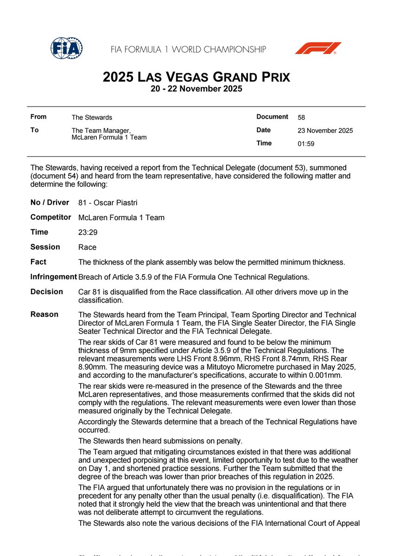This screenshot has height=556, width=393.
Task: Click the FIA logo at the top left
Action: click(67, 48)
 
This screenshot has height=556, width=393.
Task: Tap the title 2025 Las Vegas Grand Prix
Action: click(196, 77)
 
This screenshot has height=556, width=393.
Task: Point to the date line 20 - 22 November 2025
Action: click(196, 89)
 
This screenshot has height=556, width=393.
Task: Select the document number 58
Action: click(302, 118)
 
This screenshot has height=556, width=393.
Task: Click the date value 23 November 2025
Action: click(325, 131)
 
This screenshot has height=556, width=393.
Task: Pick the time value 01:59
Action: click(306, 144)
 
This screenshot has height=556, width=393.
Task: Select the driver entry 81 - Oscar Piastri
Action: click(108, 203)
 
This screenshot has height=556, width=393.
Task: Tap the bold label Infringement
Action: click(53, 277)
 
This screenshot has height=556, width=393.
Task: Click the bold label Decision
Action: click(46, 291)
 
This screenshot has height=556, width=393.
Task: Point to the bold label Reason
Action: click(44, 314)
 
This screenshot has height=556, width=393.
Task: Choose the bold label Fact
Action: click(38, 262)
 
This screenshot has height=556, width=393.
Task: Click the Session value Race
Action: click(87, 247)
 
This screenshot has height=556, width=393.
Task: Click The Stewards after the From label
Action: click(92, 118)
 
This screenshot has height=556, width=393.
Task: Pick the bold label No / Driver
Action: click(50, 202)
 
